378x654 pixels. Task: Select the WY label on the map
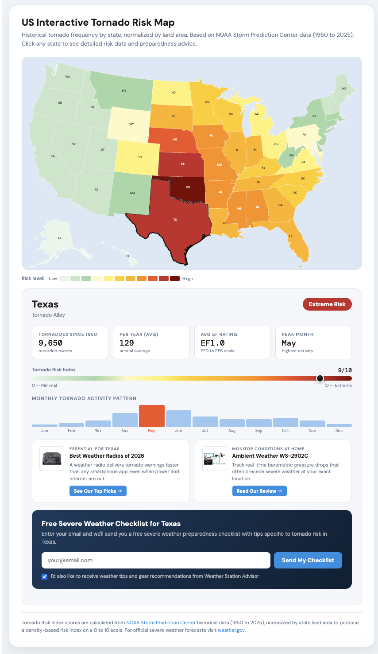(131, 124)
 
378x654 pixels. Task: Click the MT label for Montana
(124, 91)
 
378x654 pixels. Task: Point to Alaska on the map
(60, 238)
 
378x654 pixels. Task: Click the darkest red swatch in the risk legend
(175, 279)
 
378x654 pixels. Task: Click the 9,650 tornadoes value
(50, 343)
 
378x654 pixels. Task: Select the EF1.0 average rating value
(212, 343)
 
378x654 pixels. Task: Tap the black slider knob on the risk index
(320, 378)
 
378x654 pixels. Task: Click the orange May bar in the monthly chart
(151, 416)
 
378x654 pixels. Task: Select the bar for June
(178, 419)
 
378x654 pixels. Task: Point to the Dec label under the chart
(339, 431)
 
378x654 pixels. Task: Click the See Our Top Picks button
(98, 491)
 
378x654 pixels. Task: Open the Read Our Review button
(259, 491)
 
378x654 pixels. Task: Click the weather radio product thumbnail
(52, 459)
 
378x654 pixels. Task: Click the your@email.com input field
(156, 561)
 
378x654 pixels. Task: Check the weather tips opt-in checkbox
(44, 576)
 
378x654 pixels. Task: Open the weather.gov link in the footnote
(231, 630)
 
